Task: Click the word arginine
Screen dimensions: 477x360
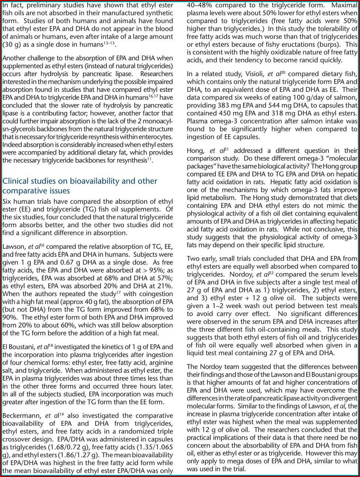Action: tap(159, 362)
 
